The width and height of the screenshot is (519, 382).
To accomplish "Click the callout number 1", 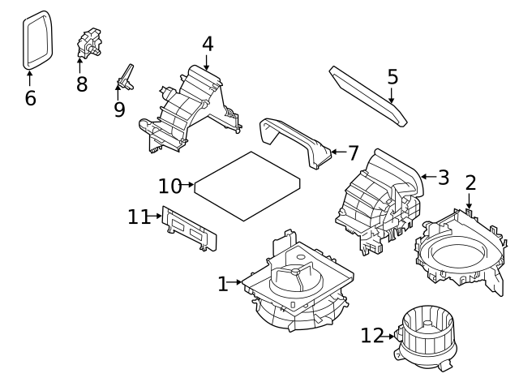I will [223, 284].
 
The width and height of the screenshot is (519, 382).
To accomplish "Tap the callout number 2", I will [470, 184].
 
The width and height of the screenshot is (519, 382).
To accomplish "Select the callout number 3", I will [443, 177].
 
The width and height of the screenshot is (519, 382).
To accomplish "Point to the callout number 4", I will [208, 44].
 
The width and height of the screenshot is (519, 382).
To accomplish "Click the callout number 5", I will [392, 77].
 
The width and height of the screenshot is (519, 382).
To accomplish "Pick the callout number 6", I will [30, 98].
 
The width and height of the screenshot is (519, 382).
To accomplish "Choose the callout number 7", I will [352, 152].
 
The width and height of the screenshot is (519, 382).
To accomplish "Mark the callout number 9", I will [119, 109].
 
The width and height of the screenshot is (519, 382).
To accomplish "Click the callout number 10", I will [169, 186].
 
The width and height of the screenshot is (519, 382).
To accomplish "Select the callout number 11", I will [139, 217].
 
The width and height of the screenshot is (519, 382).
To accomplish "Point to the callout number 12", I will [371, 335].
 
